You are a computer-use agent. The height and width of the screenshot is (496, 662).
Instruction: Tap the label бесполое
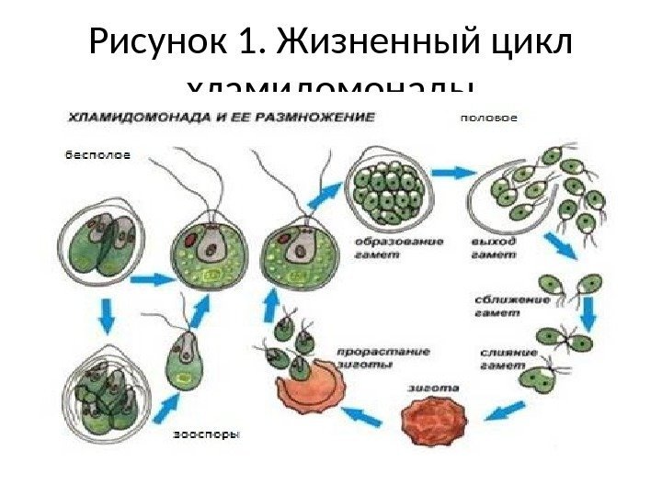click(97, 155)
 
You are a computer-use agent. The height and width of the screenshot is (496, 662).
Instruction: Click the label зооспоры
click(206, 435)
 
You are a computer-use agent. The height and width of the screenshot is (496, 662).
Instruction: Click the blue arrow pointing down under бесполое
click(106, 318)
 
